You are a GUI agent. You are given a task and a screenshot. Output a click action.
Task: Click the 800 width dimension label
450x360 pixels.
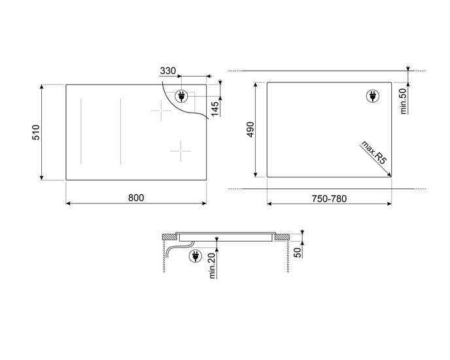(136, 198)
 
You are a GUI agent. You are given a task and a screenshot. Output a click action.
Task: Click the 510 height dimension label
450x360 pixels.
(36, 132)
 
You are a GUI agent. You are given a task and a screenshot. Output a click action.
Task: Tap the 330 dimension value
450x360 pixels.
(168, 71)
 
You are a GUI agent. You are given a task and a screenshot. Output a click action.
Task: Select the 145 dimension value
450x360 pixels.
(215, 109)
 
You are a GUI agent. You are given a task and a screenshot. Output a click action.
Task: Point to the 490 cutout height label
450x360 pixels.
(251, 130)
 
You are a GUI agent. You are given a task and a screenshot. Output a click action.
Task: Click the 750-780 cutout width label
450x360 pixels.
(329, 198)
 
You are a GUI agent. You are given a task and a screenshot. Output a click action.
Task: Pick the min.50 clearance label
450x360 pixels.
(403, 101)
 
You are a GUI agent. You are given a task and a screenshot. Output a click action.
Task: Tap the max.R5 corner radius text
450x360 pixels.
(373, 153)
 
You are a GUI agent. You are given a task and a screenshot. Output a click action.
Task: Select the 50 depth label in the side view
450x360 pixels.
(298, 253)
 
